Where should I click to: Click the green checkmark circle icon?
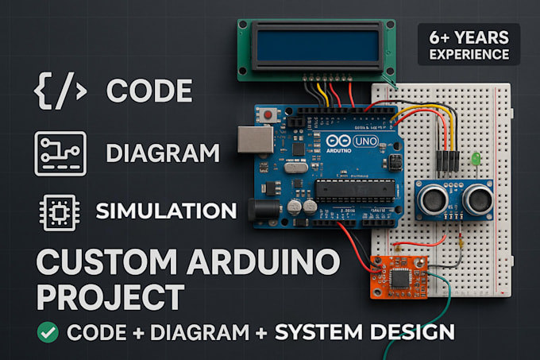(x=49, y=332)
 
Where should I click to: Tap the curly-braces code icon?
(x=60, y=91)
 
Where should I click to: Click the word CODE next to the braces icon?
(x=149, y=91)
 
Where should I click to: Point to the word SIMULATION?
(x=165, y=211)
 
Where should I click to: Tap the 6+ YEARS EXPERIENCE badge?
(x=469, y=45)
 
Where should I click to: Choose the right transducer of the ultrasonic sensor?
(x=478, y=199)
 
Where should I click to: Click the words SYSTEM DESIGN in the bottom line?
(x=365, y=332)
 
